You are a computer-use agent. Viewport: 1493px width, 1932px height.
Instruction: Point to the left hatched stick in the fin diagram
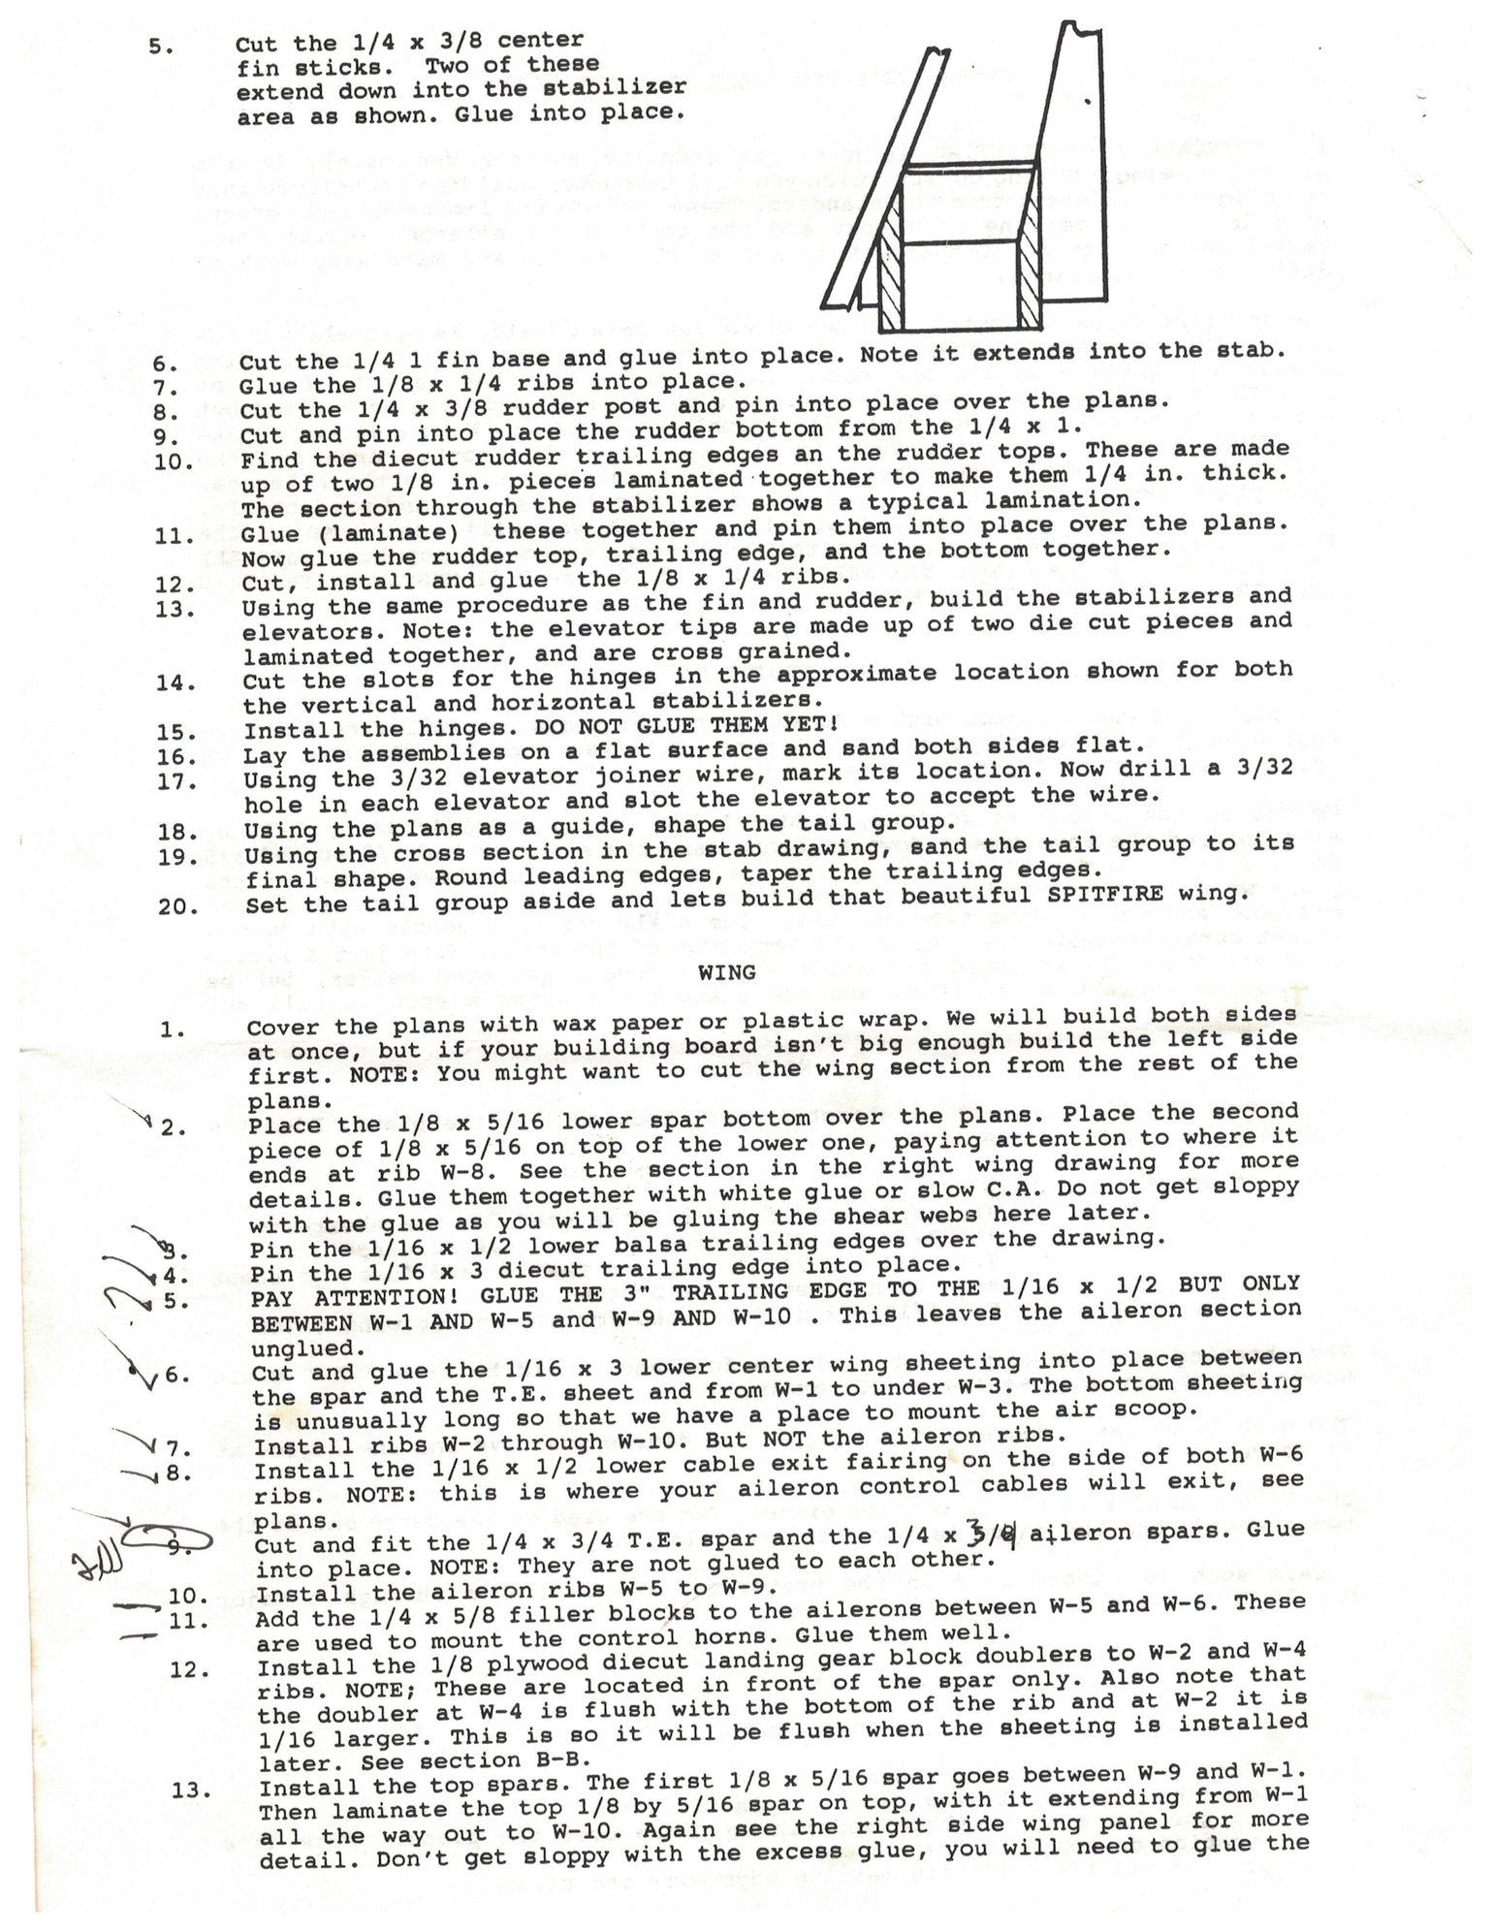point(890,280)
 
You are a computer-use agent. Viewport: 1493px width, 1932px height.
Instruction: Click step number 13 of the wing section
point(192,1789)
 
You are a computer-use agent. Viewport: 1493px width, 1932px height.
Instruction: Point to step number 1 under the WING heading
point(175,1029)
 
